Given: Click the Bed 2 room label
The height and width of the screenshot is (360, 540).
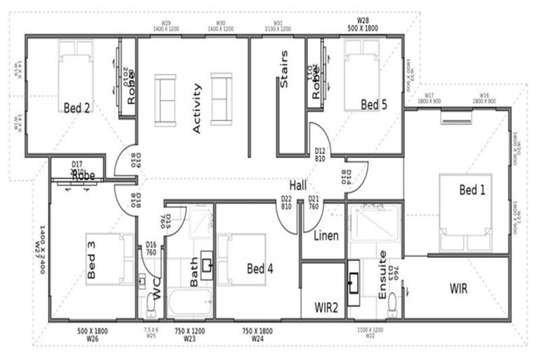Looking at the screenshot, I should (77, 108).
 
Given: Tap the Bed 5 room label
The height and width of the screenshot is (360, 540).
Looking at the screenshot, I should (374, 105).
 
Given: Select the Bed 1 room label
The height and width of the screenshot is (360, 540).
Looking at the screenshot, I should (472, 189).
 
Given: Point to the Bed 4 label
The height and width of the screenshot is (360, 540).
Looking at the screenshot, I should (260, 269).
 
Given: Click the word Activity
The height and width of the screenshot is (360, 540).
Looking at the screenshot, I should (197, 108).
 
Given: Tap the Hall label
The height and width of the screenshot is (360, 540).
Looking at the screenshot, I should (298, 185).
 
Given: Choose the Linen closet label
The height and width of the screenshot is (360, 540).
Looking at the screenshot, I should (327, 236).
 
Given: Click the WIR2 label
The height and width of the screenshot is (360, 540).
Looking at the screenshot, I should (326, 307).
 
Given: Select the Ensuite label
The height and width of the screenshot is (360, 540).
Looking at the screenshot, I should (382, 276).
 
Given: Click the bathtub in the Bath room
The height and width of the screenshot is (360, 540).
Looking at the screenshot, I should (189, 305).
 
